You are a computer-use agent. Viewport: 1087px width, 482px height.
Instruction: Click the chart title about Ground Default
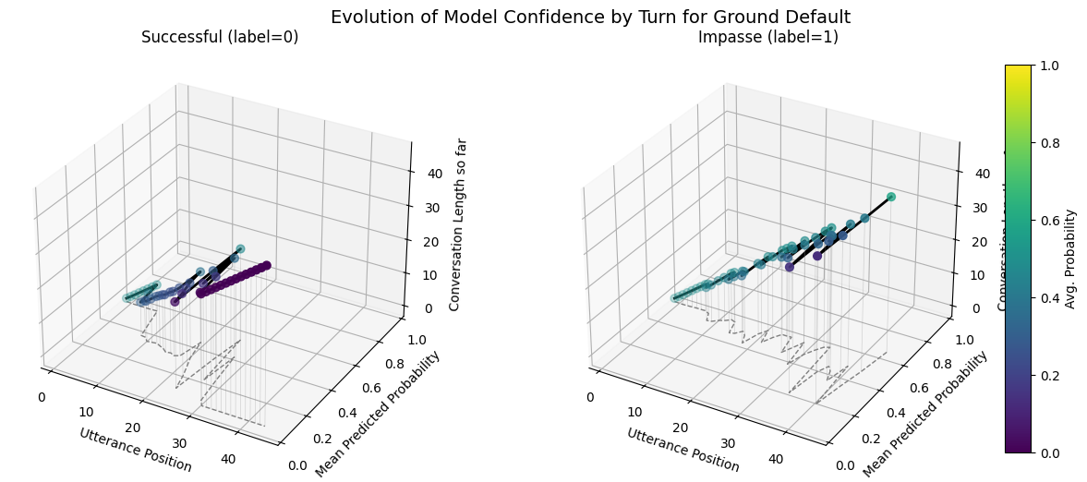[590, 17]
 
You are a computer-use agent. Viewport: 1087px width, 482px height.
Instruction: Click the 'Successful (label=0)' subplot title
[220, 37]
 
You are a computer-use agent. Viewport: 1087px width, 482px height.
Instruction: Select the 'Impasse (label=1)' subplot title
[767, 37]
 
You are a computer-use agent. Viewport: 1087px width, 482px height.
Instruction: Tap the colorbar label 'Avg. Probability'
[1070, 259]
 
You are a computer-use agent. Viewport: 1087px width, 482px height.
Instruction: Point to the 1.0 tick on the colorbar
[1049, 66]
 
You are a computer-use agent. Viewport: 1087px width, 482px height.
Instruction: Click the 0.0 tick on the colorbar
[1049, 452]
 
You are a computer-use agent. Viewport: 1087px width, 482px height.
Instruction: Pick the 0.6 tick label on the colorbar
[1049, 221]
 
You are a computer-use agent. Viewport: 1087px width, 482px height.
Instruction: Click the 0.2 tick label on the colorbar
[1049, 375]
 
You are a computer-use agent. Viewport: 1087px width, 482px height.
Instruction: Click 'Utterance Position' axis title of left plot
[136, 450]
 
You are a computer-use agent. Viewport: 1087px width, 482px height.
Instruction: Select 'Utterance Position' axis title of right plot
[683, 450]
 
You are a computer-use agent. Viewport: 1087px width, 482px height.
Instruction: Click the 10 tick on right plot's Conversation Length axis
[974, 275]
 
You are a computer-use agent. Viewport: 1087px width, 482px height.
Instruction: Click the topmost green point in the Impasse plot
[891, 197]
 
